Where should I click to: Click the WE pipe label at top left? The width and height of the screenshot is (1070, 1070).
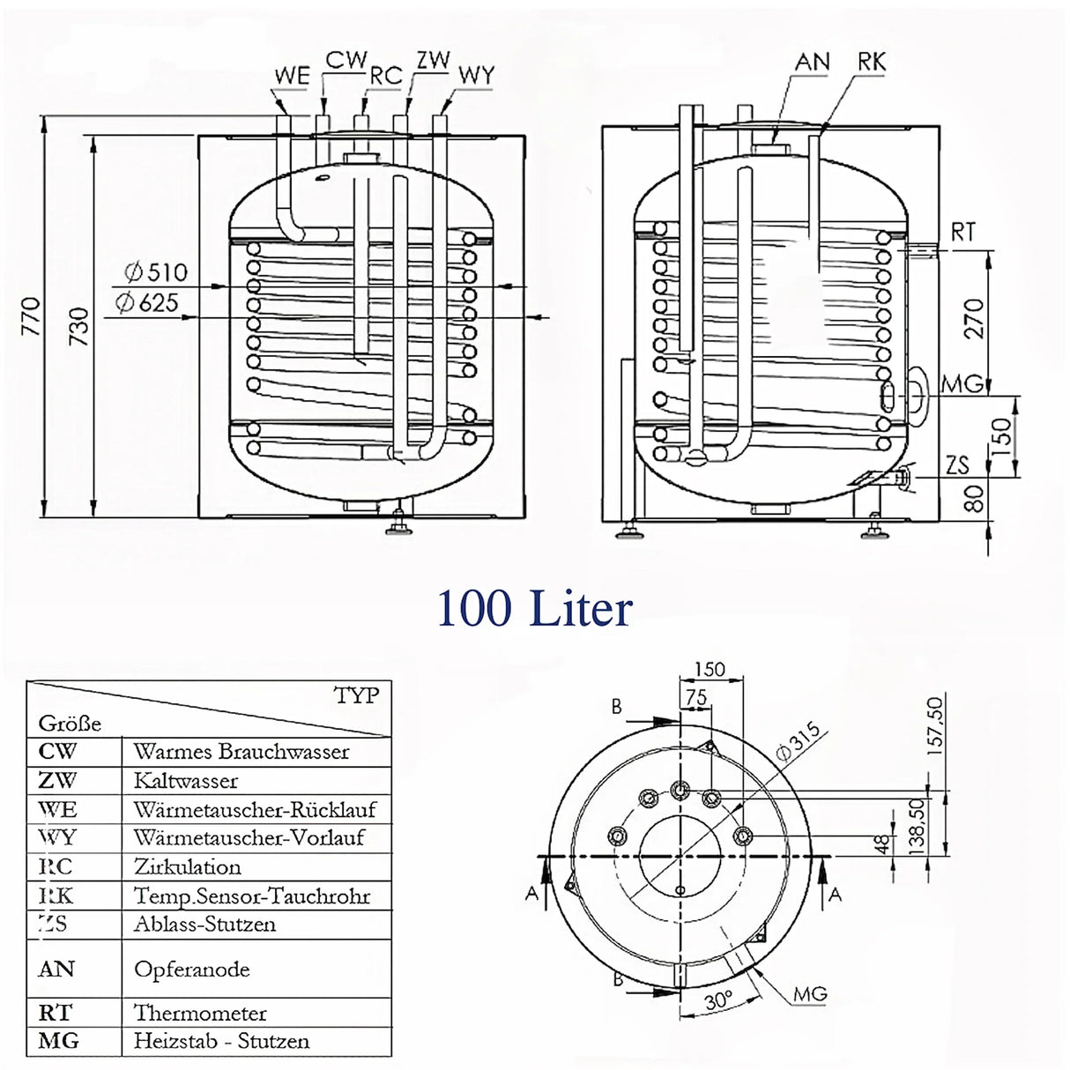[291, 76]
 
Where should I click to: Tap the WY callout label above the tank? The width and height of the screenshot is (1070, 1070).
[476, 76]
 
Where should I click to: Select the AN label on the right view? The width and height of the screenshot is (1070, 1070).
[812, 62]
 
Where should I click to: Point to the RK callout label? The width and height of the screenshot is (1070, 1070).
[871, 62]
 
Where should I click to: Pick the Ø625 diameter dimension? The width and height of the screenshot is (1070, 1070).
[147, 304]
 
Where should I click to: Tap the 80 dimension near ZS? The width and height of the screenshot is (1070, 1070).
[973, 500]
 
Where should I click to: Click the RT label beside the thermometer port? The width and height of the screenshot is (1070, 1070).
[962, 233]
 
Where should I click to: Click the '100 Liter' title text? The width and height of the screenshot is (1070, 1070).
[534, 609]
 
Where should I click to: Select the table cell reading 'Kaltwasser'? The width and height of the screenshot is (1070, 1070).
[186, 781]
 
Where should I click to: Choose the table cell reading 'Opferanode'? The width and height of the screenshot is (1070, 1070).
[192, 970]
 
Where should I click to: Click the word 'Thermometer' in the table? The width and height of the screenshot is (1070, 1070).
[200, 1013]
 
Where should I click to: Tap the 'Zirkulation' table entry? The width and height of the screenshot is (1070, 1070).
[188, 866]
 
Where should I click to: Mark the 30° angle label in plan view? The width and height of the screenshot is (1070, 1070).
[719, 1001]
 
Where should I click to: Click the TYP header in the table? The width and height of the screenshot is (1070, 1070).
[356, 695]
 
